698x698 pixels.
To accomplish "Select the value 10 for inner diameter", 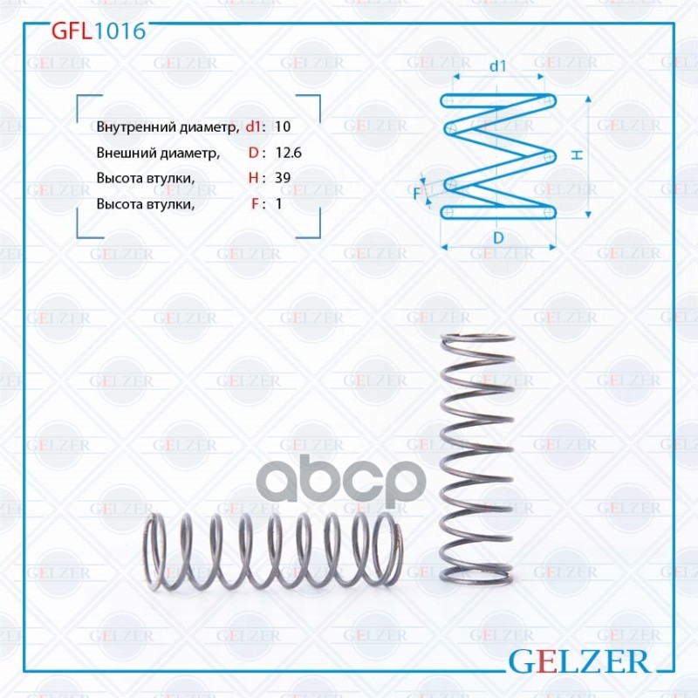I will (282, 127).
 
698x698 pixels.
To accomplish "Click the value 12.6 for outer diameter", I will (287, 153).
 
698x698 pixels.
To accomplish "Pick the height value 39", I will (282, 178).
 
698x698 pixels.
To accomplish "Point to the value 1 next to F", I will (277, 204).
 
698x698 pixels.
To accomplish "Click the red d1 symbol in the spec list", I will (252, 127).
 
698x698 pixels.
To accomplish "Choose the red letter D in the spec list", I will (252, 153).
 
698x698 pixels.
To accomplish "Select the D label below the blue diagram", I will (497, 237).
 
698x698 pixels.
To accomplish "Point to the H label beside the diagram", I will (577, 154).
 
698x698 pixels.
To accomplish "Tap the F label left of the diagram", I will (417, 193).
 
